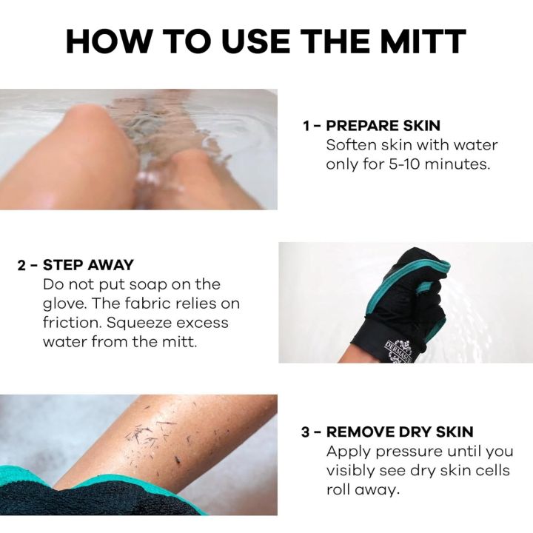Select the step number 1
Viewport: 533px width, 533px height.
(306, 125)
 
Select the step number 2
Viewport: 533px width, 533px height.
(23, 265)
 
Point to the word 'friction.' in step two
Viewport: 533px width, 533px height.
(70, 323)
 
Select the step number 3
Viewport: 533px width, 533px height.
(306, 432)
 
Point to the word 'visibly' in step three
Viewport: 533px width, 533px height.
(352, 471)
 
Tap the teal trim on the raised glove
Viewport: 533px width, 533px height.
(449, 263)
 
